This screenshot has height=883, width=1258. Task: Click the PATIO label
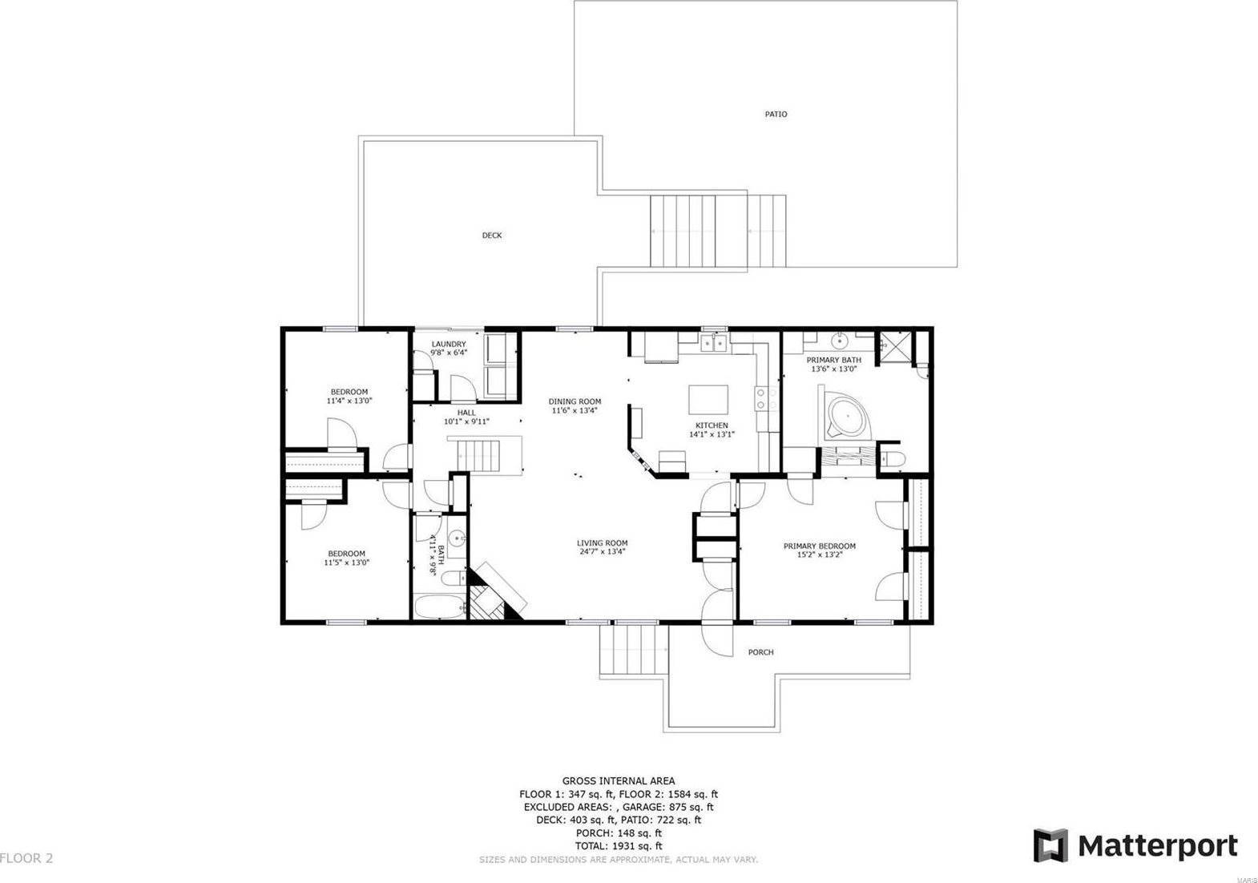(776, 115)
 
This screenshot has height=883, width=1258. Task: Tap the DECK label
(492, 236)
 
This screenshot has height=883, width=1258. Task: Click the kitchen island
(709, 398)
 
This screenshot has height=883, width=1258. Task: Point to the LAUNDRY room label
(448, 345)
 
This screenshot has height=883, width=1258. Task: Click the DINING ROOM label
(575, 402)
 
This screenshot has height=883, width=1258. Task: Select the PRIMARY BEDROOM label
(819, 546)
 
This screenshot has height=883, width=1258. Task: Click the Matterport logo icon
(1050, 845)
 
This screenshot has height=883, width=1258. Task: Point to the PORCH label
(760, 652)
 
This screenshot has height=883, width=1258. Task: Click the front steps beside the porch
(634, 651)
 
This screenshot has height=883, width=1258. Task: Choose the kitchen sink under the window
(713, 345)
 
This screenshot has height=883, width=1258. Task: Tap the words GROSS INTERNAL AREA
(618, 780)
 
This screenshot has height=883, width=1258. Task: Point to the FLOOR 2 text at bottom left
(26, 858)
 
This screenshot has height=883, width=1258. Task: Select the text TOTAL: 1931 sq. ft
(618, 846)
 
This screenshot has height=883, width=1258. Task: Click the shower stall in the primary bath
(895, 346)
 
